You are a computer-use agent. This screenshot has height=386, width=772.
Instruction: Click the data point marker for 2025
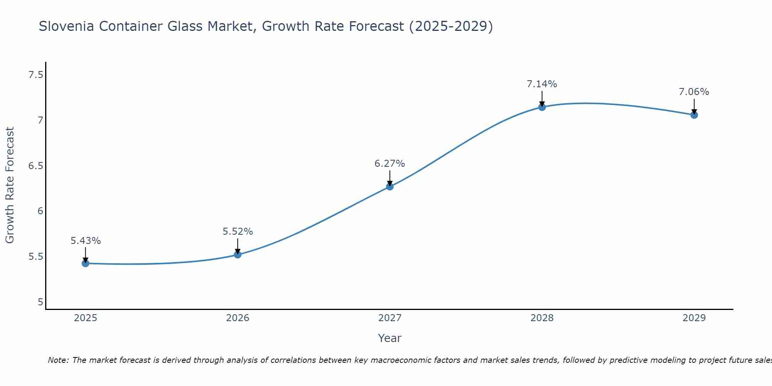[x=85, y=263]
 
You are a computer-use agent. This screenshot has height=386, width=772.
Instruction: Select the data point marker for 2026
[x=237, y=254]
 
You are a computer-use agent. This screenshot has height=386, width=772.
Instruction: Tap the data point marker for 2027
[x=389, y=186]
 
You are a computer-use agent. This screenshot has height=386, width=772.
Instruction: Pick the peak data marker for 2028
[x=542, y=107]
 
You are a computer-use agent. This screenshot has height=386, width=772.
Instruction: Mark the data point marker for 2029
[x=694, y=115]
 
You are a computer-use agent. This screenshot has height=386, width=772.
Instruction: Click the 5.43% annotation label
[x=85, y=241]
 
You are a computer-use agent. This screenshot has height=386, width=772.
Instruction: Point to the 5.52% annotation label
[x=237, y=232]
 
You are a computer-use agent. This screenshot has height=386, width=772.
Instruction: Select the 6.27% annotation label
[x=389, y=164]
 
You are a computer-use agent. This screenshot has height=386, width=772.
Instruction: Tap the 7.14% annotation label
[x=542, y=84]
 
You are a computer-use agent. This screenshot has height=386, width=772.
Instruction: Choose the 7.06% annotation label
[x=694, y=92]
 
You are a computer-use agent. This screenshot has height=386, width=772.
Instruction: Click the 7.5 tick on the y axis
[x=36, y=75]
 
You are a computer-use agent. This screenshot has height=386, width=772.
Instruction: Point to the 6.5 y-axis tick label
[x=36, y=166]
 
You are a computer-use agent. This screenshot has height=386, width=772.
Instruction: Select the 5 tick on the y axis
[x=40, y=302]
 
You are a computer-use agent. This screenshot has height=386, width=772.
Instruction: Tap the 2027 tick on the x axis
[x=389, y=318]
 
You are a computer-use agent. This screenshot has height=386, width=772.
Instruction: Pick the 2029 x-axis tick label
[x=694, y=318]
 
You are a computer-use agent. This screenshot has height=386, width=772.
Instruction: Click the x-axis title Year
[x=389, y=338]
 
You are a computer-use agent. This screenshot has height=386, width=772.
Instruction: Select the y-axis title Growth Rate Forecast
[x=10, y=185]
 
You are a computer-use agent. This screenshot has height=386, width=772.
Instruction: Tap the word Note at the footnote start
[x=58, y=360]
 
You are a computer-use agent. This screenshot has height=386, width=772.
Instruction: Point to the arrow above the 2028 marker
[x=542, y=98]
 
